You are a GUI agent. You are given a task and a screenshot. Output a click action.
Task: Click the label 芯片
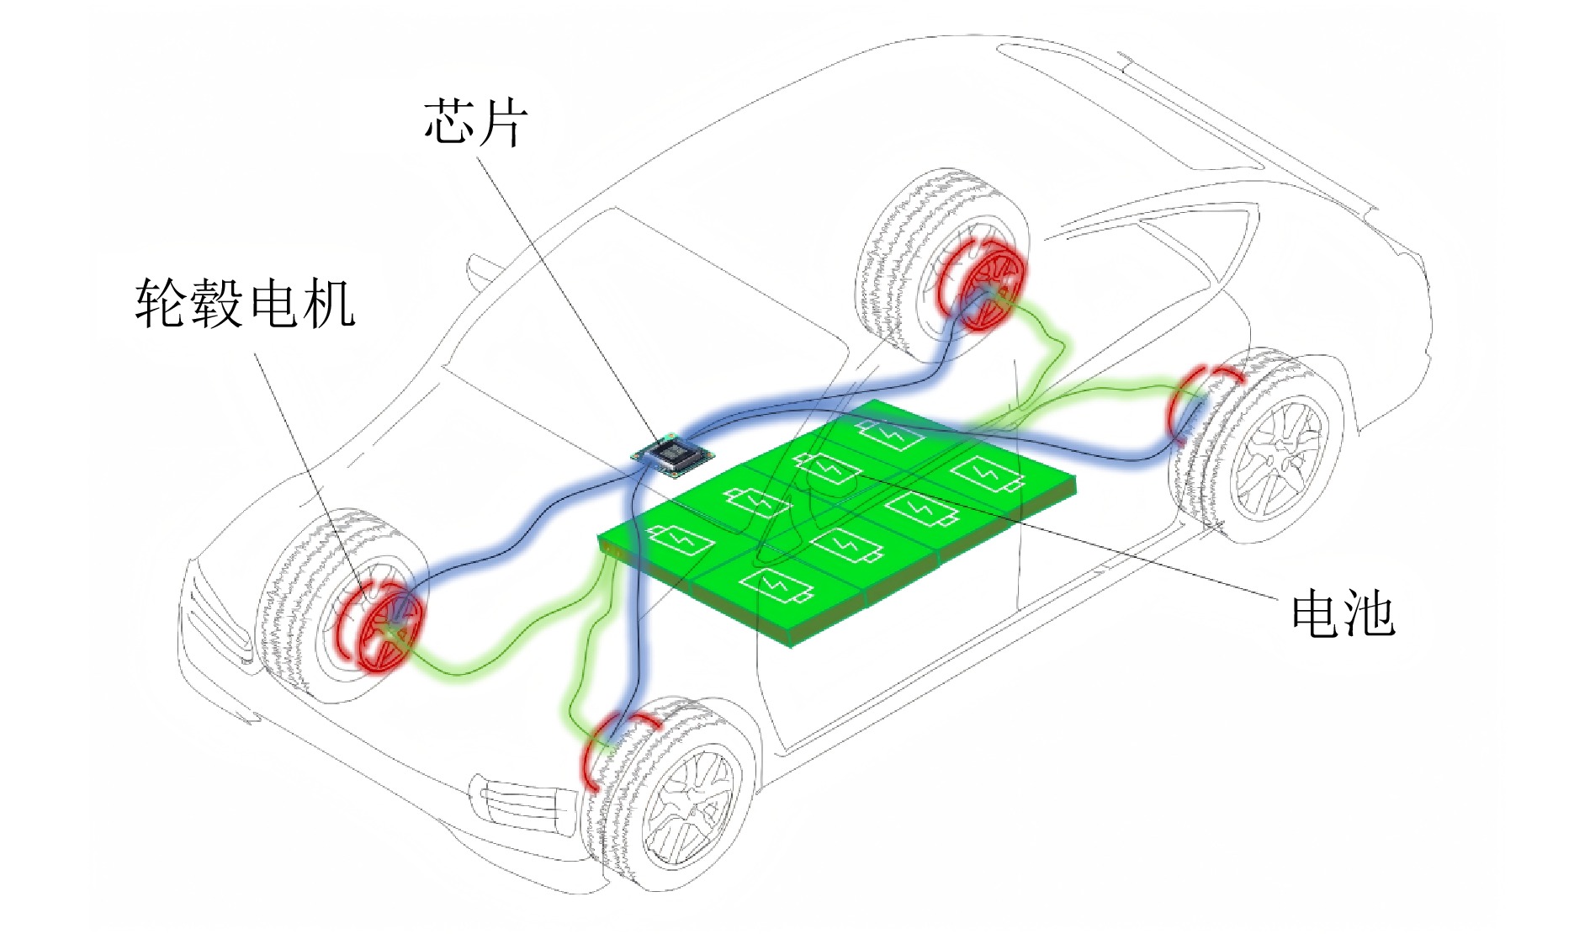[475, 123]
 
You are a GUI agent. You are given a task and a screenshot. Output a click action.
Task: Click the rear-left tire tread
[892, 252]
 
